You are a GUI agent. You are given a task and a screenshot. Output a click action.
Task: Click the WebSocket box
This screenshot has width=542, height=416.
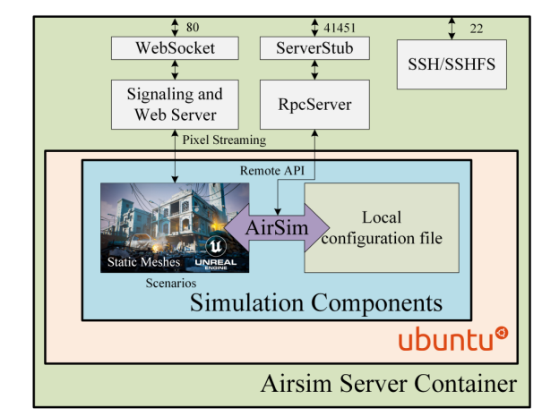click(x=175, y=48)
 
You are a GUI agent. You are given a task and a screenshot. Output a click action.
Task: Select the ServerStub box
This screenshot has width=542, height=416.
click(x=314, y=48)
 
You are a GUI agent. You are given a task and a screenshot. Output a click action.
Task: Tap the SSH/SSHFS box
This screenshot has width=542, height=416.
click(x=452, y=64)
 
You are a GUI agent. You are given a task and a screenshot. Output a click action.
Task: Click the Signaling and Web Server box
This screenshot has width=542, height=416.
click(x=175, y=105)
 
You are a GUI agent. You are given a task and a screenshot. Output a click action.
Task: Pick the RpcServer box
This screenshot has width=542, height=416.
click(x=314, y=105)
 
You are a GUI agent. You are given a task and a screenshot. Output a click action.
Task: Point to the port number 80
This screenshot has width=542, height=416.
click(x=193, y=27)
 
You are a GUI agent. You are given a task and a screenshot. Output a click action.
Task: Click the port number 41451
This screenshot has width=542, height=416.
click(x=340, y=28)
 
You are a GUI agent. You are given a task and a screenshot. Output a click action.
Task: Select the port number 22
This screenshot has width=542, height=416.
click(x=477, y=29)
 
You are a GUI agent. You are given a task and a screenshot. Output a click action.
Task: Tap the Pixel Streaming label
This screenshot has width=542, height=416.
click(x=224, y=140)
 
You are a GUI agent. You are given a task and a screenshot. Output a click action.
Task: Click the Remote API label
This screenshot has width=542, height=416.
click(x=272, y=171)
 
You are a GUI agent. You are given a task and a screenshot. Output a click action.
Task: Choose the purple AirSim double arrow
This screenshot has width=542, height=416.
click(x=277, y=227)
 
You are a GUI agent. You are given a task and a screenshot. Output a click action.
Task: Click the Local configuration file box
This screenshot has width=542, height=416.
click(x=382, y=227)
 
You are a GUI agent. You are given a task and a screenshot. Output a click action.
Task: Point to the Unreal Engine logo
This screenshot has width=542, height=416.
click(x=216, y=253)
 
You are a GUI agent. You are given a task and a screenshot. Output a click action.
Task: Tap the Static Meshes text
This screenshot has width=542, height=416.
click(x=143, y=262)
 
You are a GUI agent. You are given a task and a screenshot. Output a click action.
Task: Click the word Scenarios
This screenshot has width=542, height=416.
click(x=171, y=283)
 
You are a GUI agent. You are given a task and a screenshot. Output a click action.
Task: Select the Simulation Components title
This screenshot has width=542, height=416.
click(x=316, y=302)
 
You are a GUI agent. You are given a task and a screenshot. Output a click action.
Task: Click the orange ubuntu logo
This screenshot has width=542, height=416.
click(x=453, y=338)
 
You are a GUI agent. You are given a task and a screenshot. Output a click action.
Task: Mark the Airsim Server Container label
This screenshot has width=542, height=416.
click(x=389, y=384)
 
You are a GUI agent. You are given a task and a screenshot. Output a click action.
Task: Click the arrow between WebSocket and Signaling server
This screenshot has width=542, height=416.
click(x=175, y=70)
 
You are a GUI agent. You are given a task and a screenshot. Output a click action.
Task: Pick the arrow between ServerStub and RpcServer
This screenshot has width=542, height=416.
click(x=314, y=70)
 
